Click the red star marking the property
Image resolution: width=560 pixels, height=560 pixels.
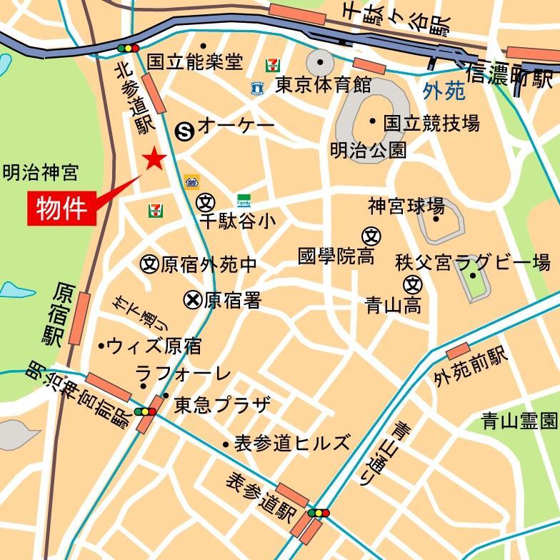click(154, 159)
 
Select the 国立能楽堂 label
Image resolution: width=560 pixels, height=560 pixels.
click(195, 62)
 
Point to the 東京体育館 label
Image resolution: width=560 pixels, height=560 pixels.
click(324, 86)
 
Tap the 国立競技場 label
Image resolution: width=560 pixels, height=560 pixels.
click(431, 124)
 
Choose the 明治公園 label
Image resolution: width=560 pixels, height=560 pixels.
click(368, 151)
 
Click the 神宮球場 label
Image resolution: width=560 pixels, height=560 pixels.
click(406, 207)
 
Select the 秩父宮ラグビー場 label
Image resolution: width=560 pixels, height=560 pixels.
click(473, 262)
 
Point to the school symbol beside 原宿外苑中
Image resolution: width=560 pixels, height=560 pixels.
click(149, 264)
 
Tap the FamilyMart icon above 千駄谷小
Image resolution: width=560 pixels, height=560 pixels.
click(244, 201)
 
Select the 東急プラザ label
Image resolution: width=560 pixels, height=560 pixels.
click(222, 405)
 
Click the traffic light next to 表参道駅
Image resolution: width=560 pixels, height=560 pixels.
click(319, 513)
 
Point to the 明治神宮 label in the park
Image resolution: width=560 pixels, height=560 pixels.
click(40, 172)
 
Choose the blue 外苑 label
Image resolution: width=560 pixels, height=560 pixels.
click(444, 91)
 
